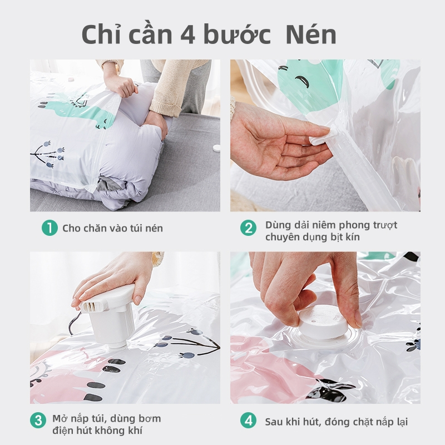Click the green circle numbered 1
click(50, 228)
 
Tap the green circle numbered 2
click(248, 228)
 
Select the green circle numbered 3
click(38, 421)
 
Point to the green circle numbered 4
click(248, 421)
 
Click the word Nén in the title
click(311, 34)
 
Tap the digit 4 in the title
click(187, 35)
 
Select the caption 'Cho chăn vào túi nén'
click(113, 228)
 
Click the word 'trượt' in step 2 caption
click(385, 225)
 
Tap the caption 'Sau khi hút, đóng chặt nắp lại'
click(337, 422)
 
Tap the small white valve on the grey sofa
click(216, 148)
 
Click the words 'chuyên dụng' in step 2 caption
click(296, 238)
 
